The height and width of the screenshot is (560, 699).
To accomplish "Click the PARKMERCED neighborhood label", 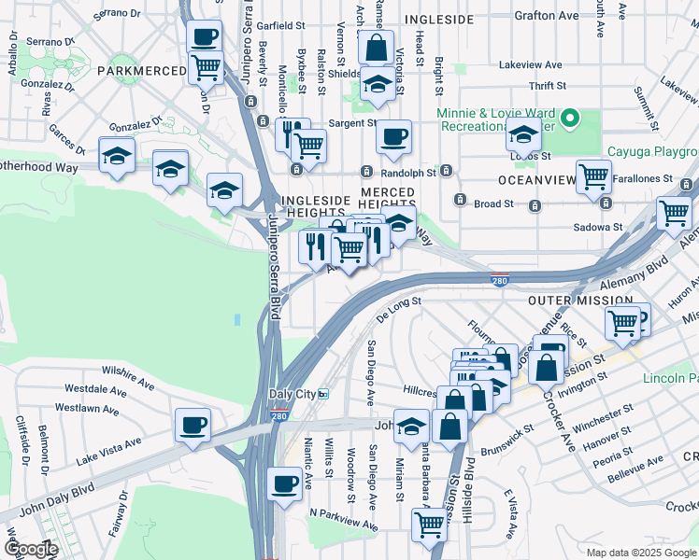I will tap(132, 71).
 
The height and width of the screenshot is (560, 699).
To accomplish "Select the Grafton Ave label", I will tap(546, 16).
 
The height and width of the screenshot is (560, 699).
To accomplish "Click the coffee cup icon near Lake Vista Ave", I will tap(193, 425).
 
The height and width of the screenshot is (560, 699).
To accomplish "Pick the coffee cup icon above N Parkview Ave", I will tap(284, 483).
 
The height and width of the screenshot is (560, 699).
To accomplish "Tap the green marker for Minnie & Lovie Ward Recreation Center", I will tap(578, 119).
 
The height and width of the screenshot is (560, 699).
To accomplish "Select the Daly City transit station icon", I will tap(323, 394).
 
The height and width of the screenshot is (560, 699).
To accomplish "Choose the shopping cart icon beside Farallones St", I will tap(593, 175).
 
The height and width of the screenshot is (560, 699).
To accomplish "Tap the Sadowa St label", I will tap(599, 227).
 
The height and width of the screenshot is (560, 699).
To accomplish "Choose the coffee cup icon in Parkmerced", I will tap(205, 37).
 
